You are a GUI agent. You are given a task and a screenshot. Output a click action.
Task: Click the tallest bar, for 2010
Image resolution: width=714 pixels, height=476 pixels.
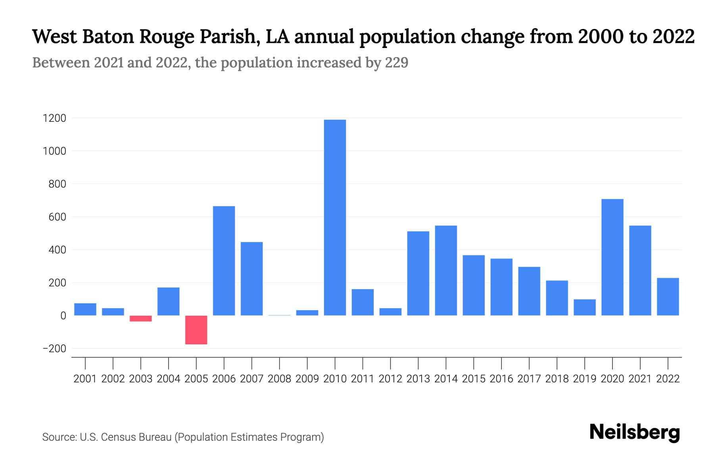coord(335,217)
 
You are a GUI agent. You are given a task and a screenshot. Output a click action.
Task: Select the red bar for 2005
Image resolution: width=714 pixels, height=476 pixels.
coord(196,330)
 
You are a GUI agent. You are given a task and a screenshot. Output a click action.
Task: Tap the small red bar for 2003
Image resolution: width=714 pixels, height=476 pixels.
coord(140,319)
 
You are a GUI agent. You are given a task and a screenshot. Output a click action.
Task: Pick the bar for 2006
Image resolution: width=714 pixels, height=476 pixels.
coord(224,261)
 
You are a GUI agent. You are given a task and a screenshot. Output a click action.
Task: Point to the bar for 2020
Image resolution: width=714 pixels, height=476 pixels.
coord(612,257)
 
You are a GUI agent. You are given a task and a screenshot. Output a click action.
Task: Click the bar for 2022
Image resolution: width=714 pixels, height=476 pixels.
coord(668,296)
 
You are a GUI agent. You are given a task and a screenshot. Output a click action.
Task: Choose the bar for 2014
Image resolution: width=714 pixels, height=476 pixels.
coord(446,270)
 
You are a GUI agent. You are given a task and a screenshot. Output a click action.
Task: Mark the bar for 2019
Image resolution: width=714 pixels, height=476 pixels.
coord(584,307)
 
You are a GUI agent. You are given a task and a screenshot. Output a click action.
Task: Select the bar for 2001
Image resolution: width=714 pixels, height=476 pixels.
coord(85,309)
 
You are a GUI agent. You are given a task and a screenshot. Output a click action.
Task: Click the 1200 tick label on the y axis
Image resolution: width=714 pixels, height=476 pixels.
coord(54,118)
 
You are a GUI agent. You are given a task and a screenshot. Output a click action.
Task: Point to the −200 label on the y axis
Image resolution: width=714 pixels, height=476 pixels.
coord(54,349)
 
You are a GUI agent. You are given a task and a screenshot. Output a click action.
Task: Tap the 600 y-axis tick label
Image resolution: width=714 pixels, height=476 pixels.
coord(58,217)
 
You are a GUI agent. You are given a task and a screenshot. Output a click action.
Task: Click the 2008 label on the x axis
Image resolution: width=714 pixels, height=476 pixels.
coord(279,379)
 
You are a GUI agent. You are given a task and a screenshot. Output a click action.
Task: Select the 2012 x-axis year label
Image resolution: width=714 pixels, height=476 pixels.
coord(390,379)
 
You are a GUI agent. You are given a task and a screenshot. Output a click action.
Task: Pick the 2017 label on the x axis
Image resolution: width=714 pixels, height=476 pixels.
coord(529,379)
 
